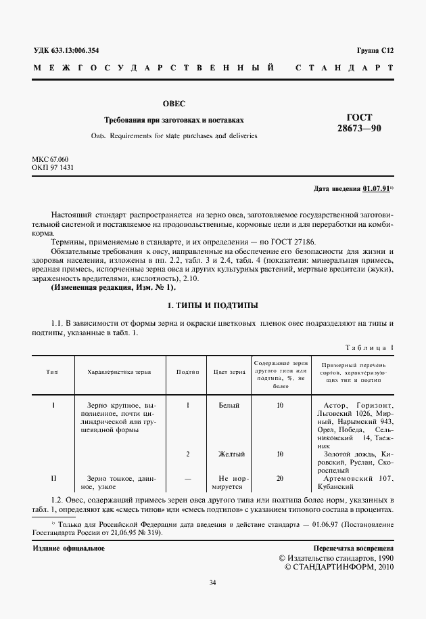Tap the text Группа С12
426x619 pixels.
tap(375, 51)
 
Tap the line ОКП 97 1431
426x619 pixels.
tap(51, 167)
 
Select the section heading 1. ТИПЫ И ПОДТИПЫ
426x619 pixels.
tap(212, 305)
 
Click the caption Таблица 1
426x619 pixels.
tap(369, 347)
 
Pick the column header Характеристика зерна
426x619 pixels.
tap(119, 372)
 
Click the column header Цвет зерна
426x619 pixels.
tap(229, 372)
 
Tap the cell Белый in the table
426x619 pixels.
tap(229, 405)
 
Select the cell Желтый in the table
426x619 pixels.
tap(230, 454)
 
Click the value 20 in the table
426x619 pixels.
tap(280, 478)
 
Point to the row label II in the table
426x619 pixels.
tap(54, 478)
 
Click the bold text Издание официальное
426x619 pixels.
tap(68, 548)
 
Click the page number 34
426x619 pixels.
tap(212, 582)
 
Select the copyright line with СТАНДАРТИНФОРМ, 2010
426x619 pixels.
tap(336, 566)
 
